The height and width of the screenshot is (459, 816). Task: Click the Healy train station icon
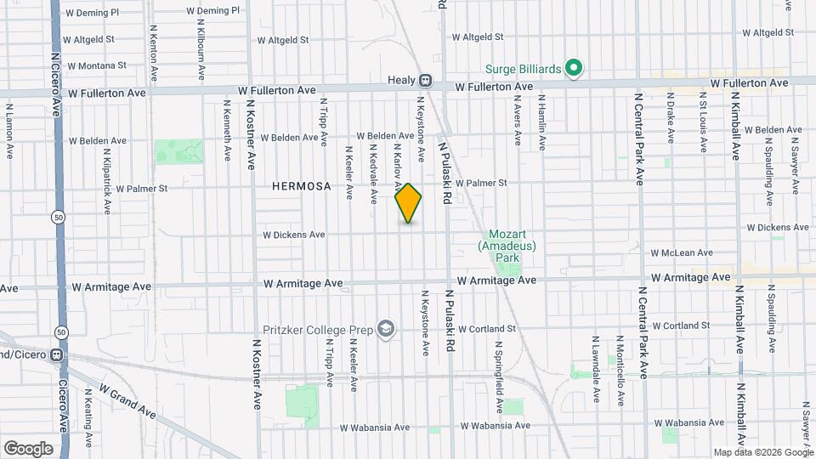(x=425, y=82)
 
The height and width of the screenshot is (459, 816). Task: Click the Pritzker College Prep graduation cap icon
(x=387, y=328)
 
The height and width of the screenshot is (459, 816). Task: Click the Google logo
(x=28, y=448)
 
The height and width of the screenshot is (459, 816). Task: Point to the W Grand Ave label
(x=127, y=400)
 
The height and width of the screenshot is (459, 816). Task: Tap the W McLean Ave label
(x=682, y=252)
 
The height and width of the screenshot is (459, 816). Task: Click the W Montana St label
(x=97, y=65)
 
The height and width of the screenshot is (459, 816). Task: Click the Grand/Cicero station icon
(x=57, y=354)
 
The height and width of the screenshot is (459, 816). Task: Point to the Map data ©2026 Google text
(x=762, y=452)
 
